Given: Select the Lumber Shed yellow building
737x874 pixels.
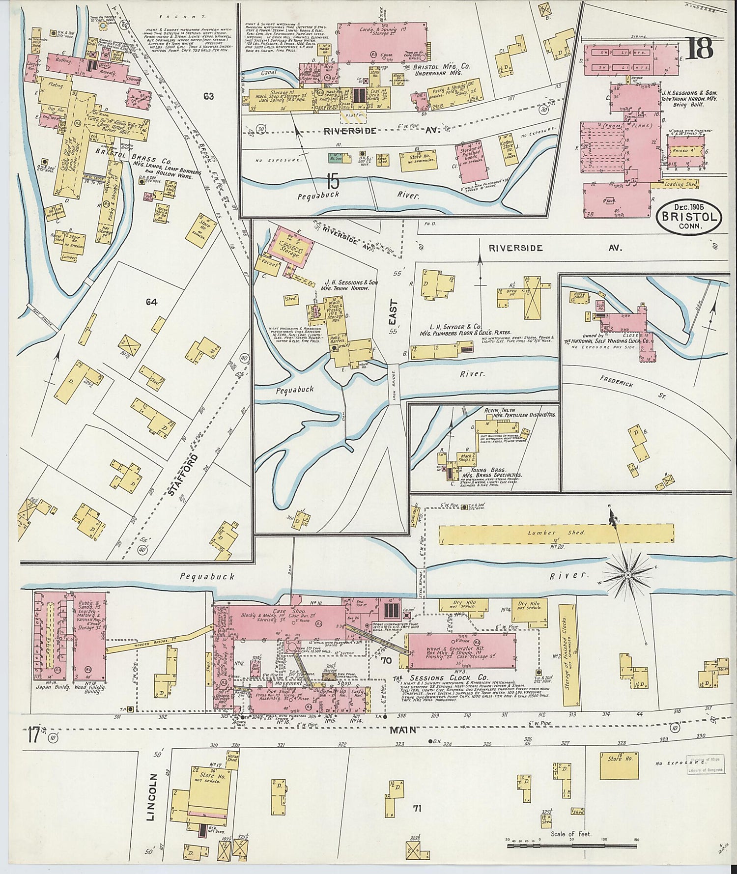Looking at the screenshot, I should click(556, 533).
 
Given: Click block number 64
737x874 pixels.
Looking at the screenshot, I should click(151, 302).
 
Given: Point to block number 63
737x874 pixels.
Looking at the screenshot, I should click(208, 96).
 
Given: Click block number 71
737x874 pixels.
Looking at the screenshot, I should click(417, 808).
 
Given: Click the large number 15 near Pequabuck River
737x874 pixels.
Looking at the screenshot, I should click(332, 182).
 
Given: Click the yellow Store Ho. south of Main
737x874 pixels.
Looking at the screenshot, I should click(619, 765).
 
